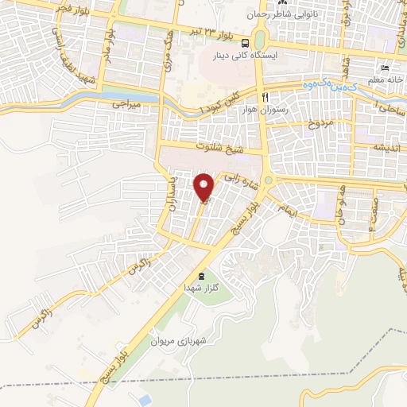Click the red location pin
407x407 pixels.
click(x=204, y=187)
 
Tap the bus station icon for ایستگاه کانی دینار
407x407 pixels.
click(x=246, y=43)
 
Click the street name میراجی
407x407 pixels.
click(x=125, y=104)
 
